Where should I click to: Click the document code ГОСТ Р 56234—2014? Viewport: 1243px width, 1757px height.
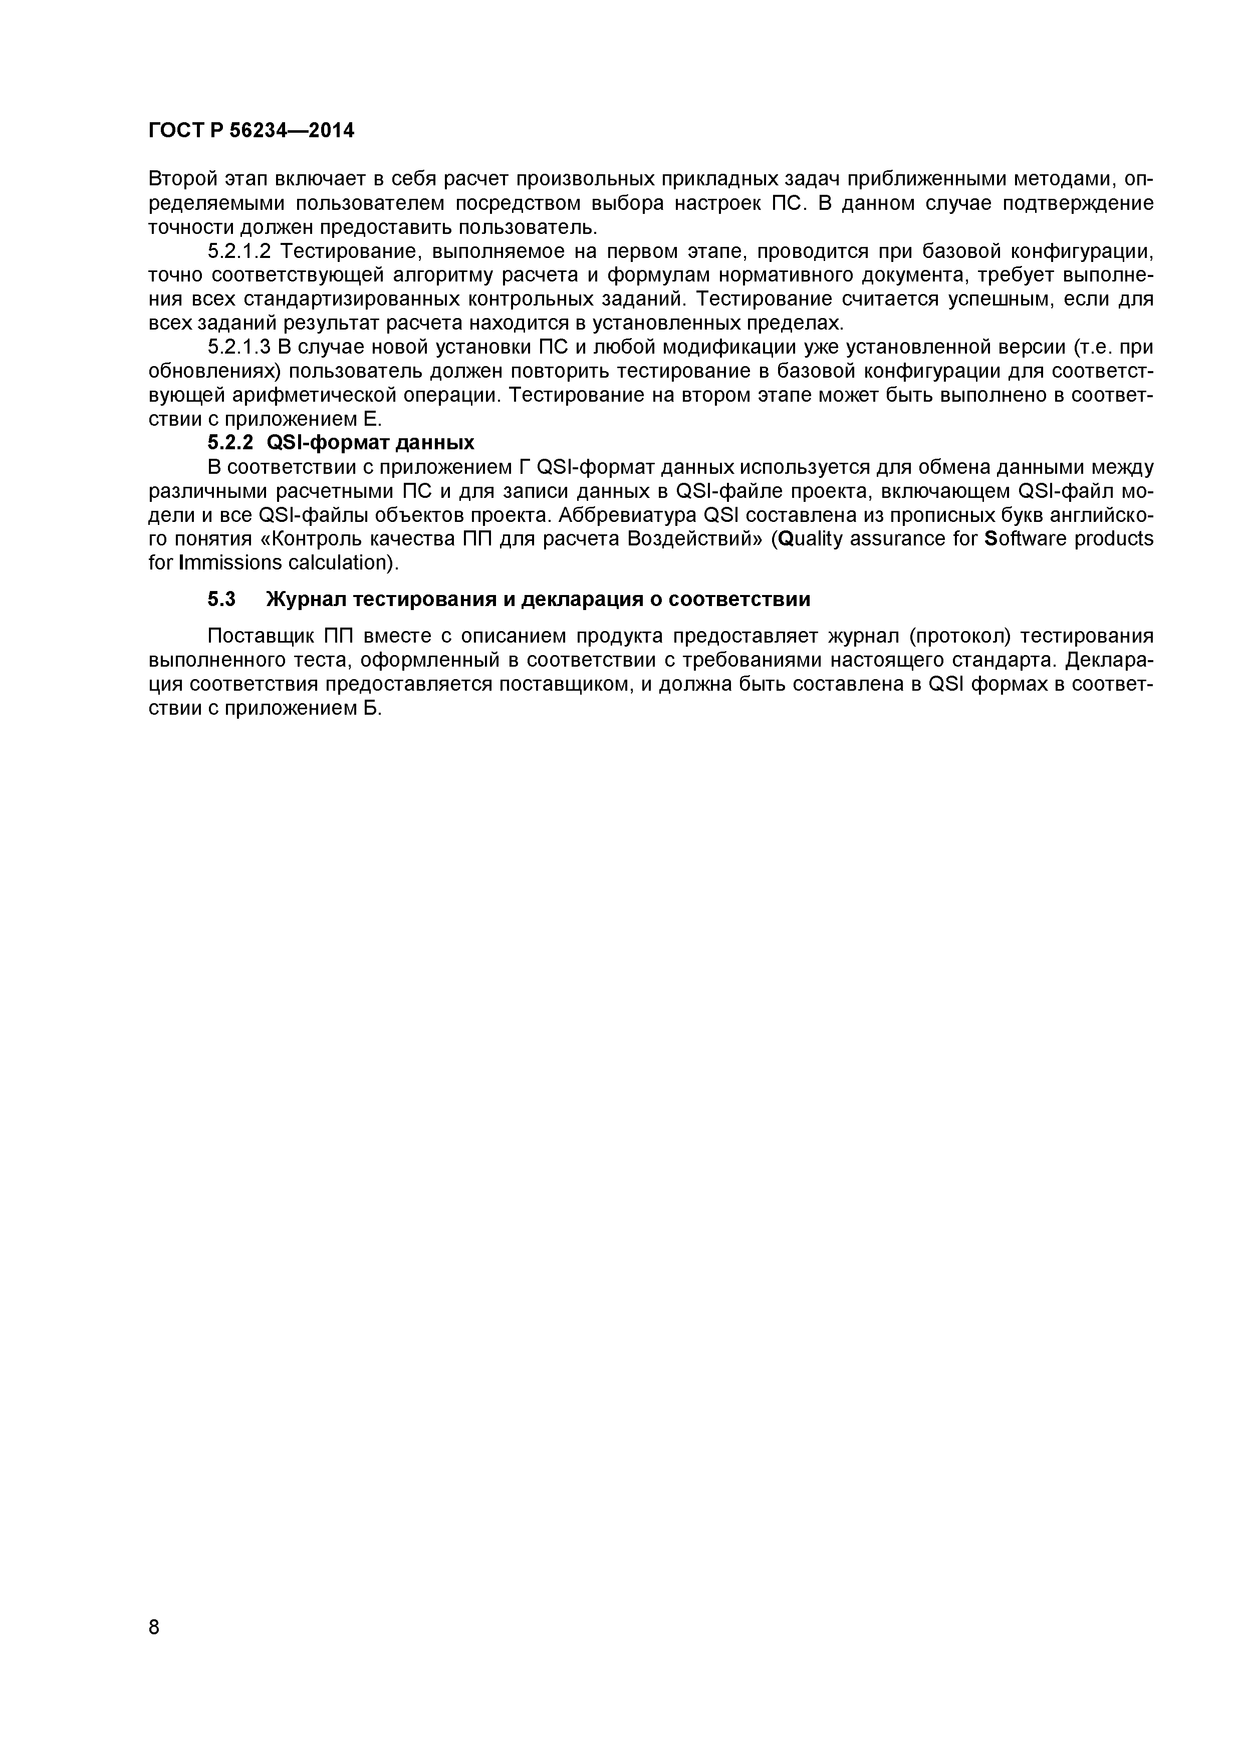coord(251,131)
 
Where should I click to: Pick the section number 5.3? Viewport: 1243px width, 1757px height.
coord(221,599)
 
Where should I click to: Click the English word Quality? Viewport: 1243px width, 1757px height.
coord(807,539)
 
